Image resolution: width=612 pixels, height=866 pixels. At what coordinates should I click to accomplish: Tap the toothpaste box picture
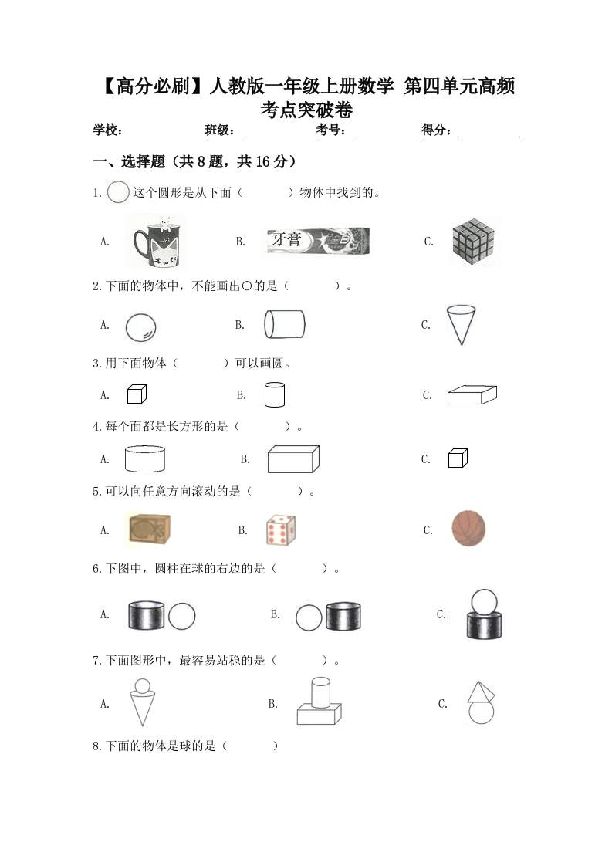click(318, 240)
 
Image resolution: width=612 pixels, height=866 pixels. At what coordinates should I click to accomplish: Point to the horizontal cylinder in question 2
click(284, 324)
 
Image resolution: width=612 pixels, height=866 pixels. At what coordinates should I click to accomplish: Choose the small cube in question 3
click(137, 394)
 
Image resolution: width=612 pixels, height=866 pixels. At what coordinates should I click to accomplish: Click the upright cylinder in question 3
click(274, 394)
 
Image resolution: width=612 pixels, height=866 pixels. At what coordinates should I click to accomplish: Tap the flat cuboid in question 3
click(472, 394)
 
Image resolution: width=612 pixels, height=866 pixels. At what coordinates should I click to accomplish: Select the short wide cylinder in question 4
click(144, 458)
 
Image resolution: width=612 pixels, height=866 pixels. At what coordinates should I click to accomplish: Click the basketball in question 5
click(468, 529)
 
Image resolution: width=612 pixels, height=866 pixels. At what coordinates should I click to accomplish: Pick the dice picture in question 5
click(281, 529)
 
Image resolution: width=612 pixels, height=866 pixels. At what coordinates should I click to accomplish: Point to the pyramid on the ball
click(481, 691)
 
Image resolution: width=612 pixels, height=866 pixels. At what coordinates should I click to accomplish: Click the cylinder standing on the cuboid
click(320, 692)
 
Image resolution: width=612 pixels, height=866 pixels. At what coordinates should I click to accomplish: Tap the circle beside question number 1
click(118, 191)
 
